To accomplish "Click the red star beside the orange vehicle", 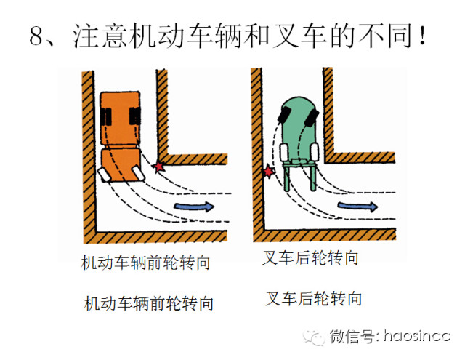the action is (159, 167).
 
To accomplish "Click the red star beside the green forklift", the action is (269, 171).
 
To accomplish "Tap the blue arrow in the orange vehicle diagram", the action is (194, 207).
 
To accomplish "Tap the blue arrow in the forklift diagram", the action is (358, 206).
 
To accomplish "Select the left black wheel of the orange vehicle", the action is (106, 116).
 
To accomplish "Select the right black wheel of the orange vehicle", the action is (135, 116).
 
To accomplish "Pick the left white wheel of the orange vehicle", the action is (104, 175).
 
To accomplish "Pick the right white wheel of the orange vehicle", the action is (139, 173).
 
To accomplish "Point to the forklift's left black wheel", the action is (285, 115).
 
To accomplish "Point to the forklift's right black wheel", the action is (312, 118).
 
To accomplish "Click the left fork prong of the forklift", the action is (287, 177).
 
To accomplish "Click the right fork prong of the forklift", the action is (313, 177).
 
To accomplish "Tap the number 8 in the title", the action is (37, 36).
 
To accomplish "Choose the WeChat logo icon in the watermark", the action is (314, 337).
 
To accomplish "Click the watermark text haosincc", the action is (417, 336).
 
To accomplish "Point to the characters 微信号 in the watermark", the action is (352, 336).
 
